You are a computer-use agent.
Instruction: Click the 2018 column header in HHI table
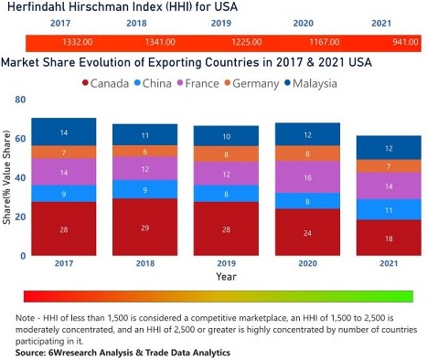point(140,26)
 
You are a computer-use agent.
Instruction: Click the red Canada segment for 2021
point(389,238)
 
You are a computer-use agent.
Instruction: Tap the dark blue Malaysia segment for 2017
point(63,132)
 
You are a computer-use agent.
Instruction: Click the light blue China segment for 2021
point(389,209)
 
